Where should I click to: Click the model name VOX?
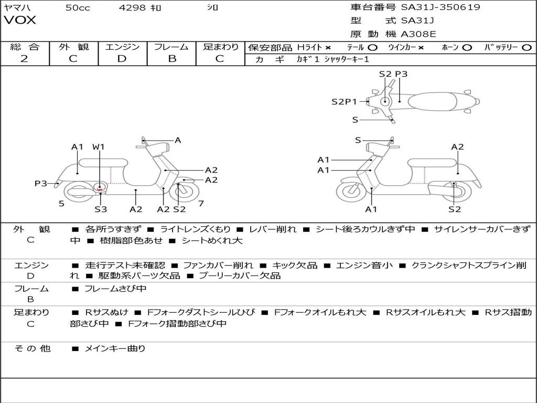point(20,20)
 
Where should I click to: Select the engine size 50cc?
point(78,7)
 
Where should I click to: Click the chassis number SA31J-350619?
point(441,7)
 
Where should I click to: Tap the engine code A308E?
point(418,34)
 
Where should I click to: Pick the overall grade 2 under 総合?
point(24,58)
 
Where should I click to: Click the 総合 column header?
point(24,47)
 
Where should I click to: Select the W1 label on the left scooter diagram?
point(99,147)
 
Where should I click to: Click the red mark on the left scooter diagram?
point(100,188)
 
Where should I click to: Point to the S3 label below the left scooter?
point(101,209)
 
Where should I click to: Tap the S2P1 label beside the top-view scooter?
point(344,102)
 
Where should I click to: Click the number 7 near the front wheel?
point(201,203)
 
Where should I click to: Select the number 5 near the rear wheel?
point(61,203)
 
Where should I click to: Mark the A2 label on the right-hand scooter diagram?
point(457,147)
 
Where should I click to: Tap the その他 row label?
point(33,348)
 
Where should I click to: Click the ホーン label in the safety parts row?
point(450,47)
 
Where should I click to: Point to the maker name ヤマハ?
point(16,7)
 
